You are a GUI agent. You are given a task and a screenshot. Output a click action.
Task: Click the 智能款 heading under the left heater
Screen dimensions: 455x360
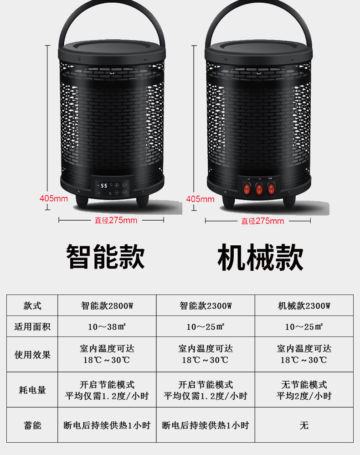105,257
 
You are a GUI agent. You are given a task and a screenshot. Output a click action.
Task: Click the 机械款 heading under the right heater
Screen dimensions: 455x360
260,257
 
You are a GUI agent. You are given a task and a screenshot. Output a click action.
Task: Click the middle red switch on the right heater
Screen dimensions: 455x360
259,188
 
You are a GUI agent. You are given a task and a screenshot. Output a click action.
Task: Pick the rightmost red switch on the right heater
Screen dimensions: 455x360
272,188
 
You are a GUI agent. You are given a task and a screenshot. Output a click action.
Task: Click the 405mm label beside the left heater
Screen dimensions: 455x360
54,198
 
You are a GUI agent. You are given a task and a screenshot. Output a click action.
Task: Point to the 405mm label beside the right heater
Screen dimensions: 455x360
200,199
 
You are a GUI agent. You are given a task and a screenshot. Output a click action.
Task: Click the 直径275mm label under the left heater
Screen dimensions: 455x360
116,220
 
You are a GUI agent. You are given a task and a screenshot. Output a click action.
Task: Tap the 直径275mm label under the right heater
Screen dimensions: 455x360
262,221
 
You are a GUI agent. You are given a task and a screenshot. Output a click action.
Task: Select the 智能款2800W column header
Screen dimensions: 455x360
107,305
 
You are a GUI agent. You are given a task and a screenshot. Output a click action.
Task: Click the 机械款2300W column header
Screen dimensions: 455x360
304,305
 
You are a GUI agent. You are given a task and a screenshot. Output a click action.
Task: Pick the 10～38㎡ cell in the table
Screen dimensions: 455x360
107,327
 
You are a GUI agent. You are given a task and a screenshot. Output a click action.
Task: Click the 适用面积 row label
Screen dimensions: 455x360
32,327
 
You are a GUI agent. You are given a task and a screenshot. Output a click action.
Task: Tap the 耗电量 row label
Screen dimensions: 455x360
32,390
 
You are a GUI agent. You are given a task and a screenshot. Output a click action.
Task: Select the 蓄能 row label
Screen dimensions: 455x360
32,425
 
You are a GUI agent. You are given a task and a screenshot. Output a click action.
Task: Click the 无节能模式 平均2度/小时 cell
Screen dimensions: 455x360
304,390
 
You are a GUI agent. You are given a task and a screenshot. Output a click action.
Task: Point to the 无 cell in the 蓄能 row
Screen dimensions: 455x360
304,425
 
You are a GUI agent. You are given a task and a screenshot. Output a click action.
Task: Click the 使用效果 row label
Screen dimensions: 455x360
32,355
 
